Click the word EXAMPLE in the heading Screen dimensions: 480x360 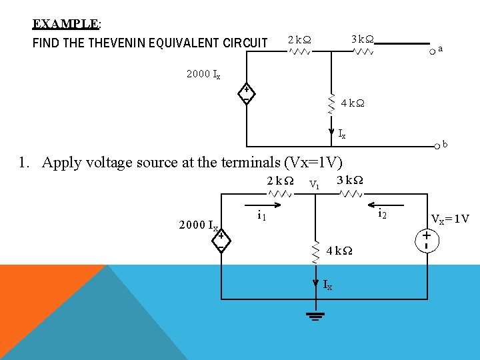pos(65,24)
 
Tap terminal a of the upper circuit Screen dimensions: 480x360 pos(433,49)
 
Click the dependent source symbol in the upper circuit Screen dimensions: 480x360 pos(246,95)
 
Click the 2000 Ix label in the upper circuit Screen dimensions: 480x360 pos(203,74)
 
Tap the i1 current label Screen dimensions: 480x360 pos(262,215)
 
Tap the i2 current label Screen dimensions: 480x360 pos(382,214)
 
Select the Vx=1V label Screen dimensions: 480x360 pos(450,219)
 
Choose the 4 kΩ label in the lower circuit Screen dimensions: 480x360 pos(340,251)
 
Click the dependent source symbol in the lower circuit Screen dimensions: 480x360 pos(221,241)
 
